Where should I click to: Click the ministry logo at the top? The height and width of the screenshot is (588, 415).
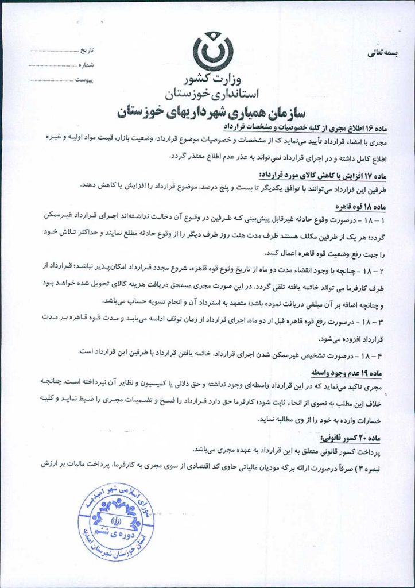pos(213,53)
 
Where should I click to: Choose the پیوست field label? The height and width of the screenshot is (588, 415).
pos(88,79)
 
